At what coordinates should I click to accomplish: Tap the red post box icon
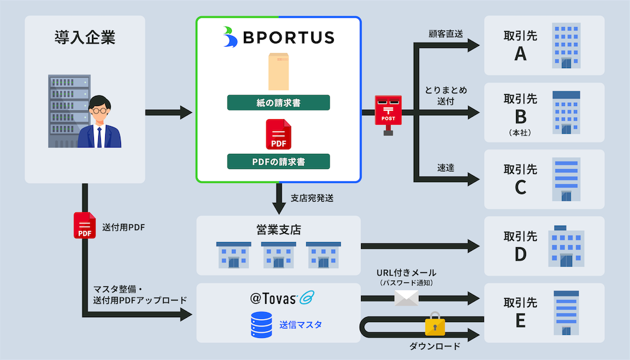[388, 113]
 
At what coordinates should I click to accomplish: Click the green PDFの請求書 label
[278, 161]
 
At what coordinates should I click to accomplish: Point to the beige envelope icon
[278, 71]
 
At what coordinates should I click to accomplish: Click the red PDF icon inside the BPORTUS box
[278, 134]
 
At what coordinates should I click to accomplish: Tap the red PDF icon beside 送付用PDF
[84, 226]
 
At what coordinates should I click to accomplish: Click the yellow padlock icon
[435, 325]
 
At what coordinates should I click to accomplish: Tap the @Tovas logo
[278, 297]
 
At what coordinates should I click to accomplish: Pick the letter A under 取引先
[520, 55]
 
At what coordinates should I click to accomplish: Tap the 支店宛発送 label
[312, 198]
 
